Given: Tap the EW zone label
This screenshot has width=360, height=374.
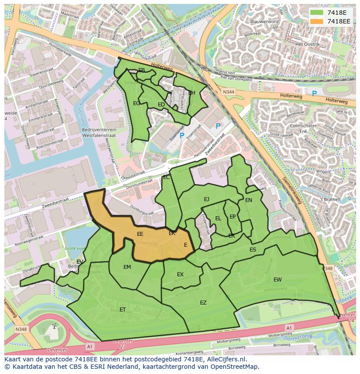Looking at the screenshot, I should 277,279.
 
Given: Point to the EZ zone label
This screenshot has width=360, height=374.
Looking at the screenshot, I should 203,303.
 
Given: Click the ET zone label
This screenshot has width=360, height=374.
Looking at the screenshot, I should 123,310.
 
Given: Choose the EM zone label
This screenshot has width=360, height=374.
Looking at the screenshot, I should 127,267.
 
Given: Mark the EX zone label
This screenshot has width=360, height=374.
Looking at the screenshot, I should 180,275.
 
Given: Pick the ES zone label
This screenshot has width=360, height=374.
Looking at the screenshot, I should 253,250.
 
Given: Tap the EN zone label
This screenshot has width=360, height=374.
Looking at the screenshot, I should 248,200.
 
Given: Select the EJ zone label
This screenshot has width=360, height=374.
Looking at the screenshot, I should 207,199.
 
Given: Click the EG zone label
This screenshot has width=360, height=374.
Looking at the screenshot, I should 137,103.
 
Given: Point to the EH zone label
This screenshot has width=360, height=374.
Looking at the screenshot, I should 191,93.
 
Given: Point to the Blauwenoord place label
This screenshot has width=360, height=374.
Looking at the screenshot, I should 264,21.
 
